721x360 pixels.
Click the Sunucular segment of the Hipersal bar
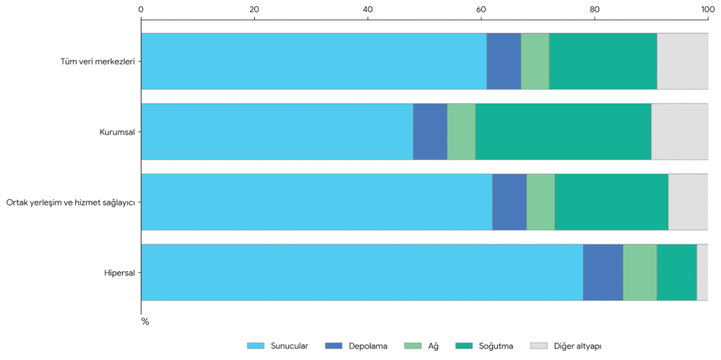[x=362, y=273]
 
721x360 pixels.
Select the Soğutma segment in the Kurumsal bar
[x=563, y=132]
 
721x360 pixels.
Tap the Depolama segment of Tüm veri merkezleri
[x=504, y=61]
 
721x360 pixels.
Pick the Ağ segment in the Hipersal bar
[x=640, y=273]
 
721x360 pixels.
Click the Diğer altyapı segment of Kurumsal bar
[x=679, y=132]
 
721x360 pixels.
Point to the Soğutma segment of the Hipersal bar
[x=677, y=273]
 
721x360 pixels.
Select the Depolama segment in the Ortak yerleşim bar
[x=510, y=202]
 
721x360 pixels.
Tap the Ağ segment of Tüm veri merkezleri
[x=535, y=61]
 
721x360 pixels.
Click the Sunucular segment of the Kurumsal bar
[x=277, y=132]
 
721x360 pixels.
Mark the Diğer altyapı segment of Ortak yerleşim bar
[x=689, y=202]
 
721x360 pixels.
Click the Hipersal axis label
[x=119, y=273]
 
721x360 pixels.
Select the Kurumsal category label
[x=118, y=132]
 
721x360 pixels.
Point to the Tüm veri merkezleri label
[x=98, y=61]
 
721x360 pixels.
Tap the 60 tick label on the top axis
[x=481, y=8]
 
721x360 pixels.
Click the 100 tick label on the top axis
[x=708, y=8]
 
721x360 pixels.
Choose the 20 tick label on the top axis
[x=254, y=8]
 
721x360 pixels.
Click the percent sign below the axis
[x=145, y=322]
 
